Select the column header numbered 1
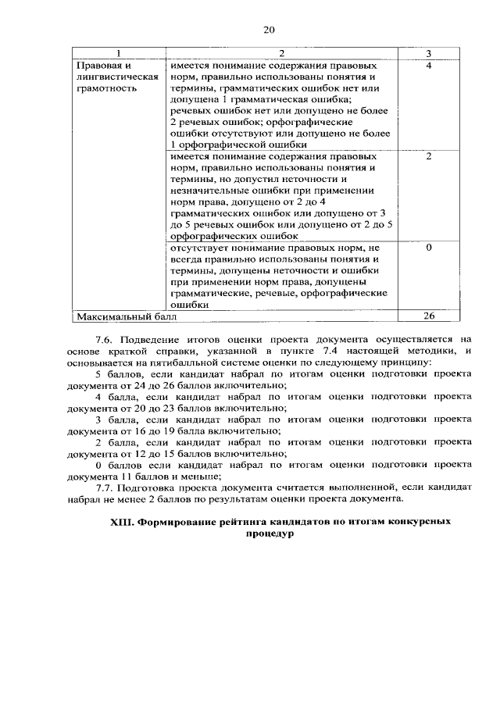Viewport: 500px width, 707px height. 118,52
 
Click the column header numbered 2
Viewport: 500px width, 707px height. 282,52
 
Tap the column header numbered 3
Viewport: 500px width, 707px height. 429,52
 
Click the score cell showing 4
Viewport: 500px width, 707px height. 429,66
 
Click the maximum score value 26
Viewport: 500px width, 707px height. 429,316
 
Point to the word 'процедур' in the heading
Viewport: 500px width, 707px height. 268,536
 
